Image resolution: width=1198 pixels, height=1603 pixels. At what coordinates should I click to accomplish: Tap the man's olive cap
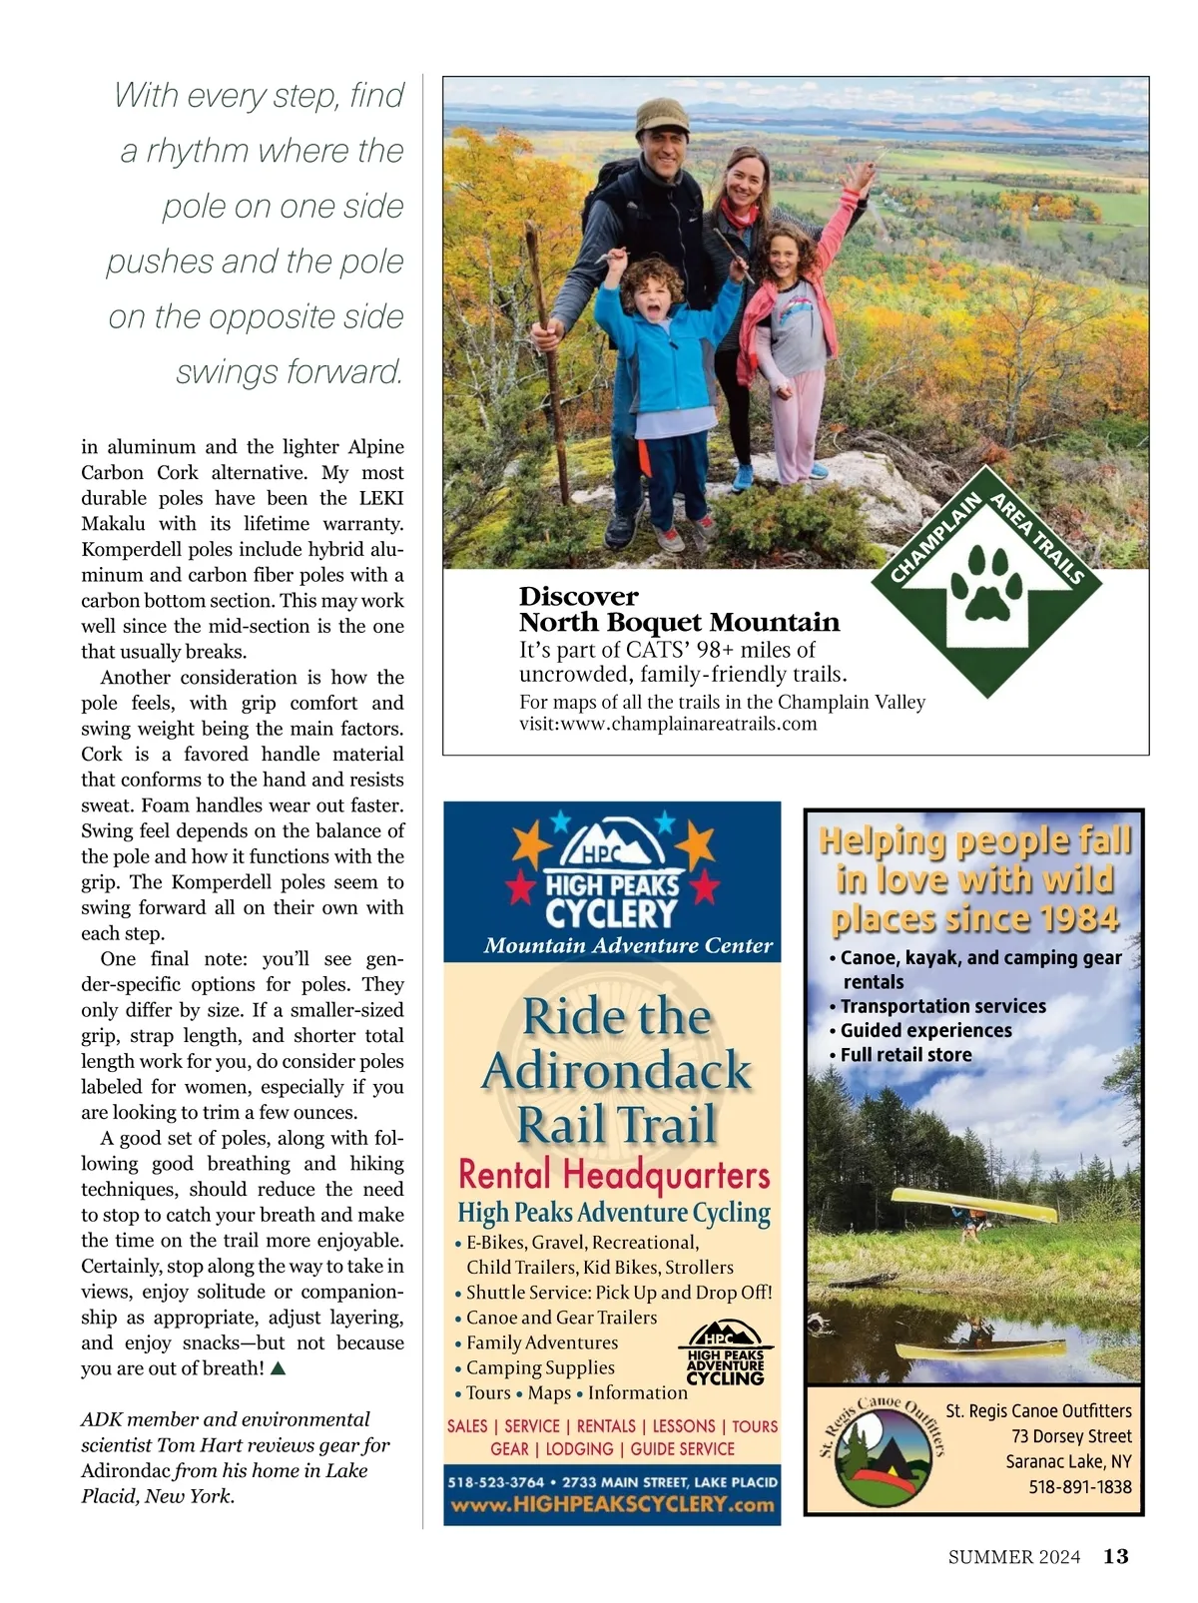661,117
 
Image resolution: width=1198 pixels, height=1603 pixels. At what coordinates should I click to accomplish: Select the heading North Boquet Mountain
679,623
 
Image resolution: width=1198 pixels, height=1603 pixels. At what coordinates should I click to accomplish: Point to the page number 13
1115,1556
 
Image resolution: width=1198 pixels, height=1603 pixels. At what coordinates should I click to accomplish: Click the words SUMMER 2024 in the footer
1014,1557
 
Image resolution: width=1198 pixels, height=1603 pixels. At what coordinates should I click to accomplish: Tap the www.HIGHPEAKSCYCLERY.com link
612,1505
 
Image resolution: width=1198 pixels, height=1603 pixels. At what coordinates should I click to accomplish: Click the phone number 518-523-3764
495,1482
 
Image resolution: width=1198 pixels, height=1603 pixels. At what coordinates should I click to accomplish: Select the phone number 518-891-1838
1080,1487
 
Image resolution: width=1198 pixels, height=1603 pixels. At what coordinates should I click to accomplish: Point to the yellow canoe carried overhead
972,1204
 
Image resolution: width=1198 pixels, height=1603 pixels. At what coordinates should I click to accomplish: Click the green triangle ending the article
279,1368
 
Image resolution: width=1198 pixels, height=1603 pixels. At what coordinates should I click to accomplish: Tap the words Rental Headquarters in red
614,1175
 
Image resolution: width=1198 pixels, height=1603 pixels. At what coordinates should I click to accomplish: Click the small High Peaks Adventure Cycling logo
725,1353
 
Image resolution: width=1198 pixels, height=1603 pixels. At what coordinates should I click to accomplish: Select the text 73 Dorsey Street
1071,1436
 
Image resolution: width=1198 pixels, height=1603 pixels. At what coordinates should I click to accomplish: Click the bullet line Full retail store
905,1055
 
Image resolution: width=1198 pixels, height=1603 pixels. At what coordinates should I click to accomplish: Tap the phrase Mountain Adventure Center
628,945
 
